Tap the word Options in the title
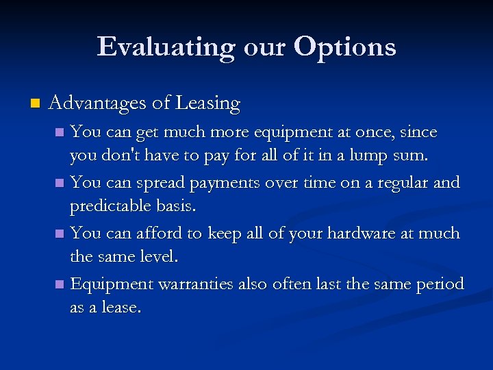(x=345, y=47)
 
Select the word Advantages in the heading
(x=97, y=103)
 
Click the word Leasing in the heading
(x=207, y=103)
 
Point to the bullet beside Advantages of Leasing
(x=34, y=104)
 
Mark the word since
(x=419, y=132)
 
